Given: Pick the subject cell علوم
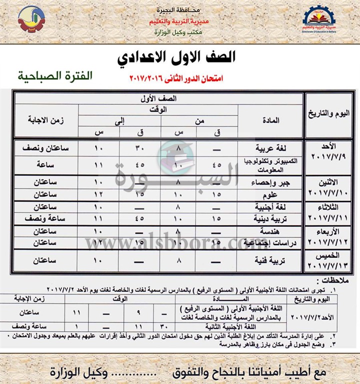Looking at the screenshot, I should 280,194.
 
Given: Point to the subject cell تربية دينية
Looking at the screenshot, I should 274,218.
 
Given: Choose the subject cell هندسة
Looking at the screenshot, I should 277,231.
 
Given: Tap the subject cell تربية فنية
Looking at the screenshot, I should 274,260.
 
